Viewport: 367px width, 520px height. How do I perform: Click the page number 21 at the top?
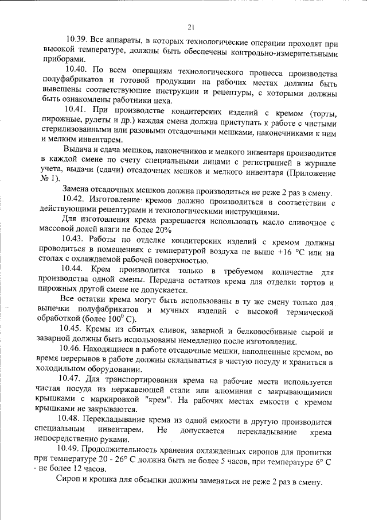click(191, 26)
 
